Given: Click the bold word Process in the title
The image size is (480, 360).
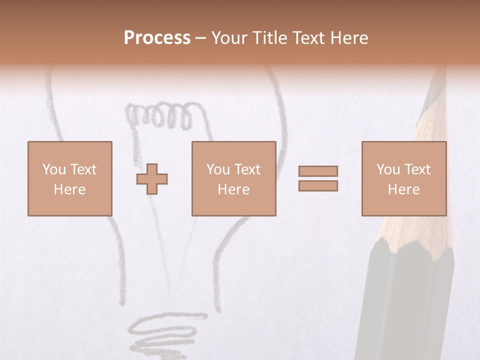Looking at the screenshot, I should (x=157, y=38).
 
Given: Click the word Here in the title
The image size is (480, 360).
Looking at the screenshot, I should (x=349, y=38).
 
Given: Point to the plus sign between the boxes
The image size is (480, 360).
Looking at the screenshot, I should (x=152, y=178).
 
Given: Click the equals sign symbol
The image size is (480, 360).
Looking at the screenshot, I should (x=318, y=178).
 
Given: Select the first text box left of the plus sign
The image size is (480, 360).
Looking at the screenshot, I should (x=70, y=178).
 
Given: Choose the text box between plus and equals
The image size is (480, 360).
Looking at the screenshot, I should (x=233, y=178).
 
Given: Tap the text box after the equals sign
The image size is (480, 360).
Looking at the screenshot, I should (x=403, y=178).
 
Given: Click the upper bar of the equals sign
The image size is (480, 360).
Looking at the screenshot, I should (x=318, y=171).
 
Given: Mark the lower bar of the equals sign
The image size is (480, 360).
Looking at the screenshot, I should (x=318, y=186).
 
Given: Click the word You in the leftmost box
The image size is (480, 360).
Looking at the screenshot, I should (x=54, y=169).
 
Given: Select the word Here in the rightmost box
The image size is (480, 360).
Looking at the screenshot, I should (x=403, y=189).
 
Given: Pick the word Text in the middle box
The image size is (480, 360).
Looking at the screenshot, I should (x=247, y=169).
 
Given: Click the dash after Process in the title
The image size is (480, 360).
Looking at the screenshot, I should (x=200, y=38).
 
